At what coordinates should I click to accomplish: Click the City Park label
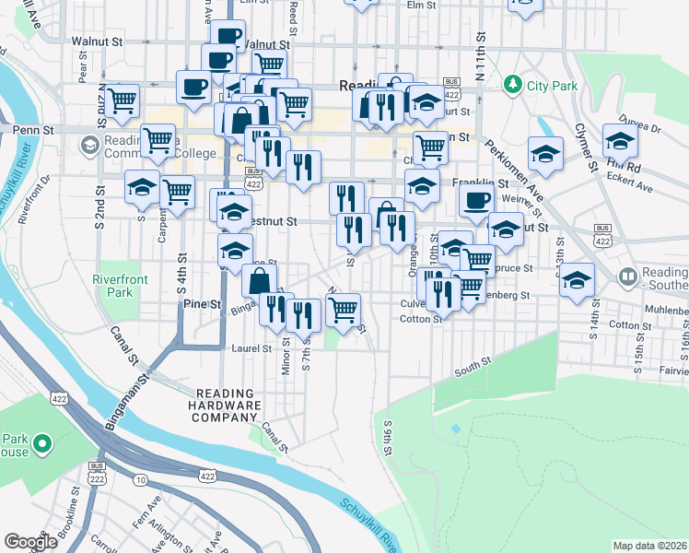pyautogui.click(x=552, y=87)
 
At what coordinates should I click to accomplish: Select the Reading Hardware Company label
pyautogui.click(x=225, y=405)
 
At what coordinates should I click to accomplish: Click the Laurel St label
pyautogui.click(x=251, y=349)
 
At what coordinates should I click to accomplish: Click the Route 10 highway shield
pyautogui.click(x=140, y=479)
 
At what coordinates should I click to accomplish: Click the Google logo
pyautogui.click(x=30, y=541)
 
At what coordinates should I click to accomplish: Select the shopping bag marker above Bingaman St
pyautogui.click(x=261, y=279)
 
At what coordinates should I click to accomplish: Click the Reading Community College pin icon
pyautogui.click(x=89, y=146)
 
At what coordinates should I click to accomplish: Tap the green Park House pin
pyautogui.click(x=41, y=445)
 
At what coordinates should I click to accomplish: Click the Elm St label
pyautogui.click(x=420, y=6)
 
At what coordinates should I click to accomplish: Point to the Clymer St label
pyautogui.click(x=584, y=147)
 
